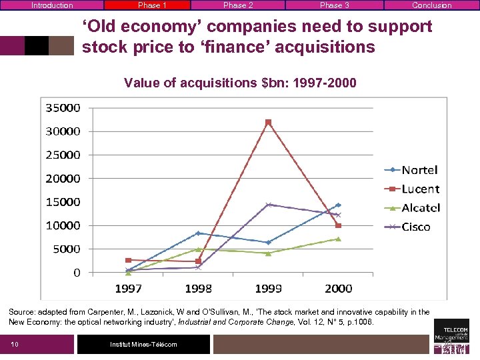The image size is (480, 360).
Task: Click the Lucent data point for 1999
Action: point(268,122)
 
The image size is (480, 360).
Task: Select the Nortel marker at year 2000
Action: point(338,205)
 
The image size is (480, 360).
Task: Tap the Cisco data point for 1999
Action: point(268,205)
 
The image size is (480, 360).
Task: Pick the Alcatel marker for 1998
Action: point(198,249)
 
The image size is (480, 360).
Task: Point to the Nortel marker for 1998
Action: point(198,233)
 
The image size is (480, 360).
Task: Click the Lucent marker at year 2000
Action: point(338,225)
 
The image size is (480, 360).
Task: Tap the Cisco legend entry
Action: point(409,227)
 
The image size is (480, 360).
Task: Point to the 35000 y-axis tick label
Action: point(63,107)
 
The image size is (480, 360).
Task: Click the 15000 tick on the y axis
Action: point(63,202)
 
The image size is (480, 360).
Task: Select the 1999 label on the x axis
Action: point(268,289)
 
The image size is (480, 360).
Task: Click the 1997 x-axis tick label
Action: point(128,289)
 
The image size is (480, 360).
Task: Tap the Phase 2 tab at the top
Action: point(238,5)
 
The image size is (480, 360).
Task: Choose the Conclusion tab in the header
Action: point(431,5)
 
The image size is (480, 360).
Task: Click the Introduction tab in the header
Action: point(52,5)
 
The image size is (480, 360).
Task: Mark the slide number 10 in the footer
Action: point(15,344)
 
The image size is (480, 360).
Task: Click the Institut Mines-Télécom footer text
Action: point(143,344)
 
